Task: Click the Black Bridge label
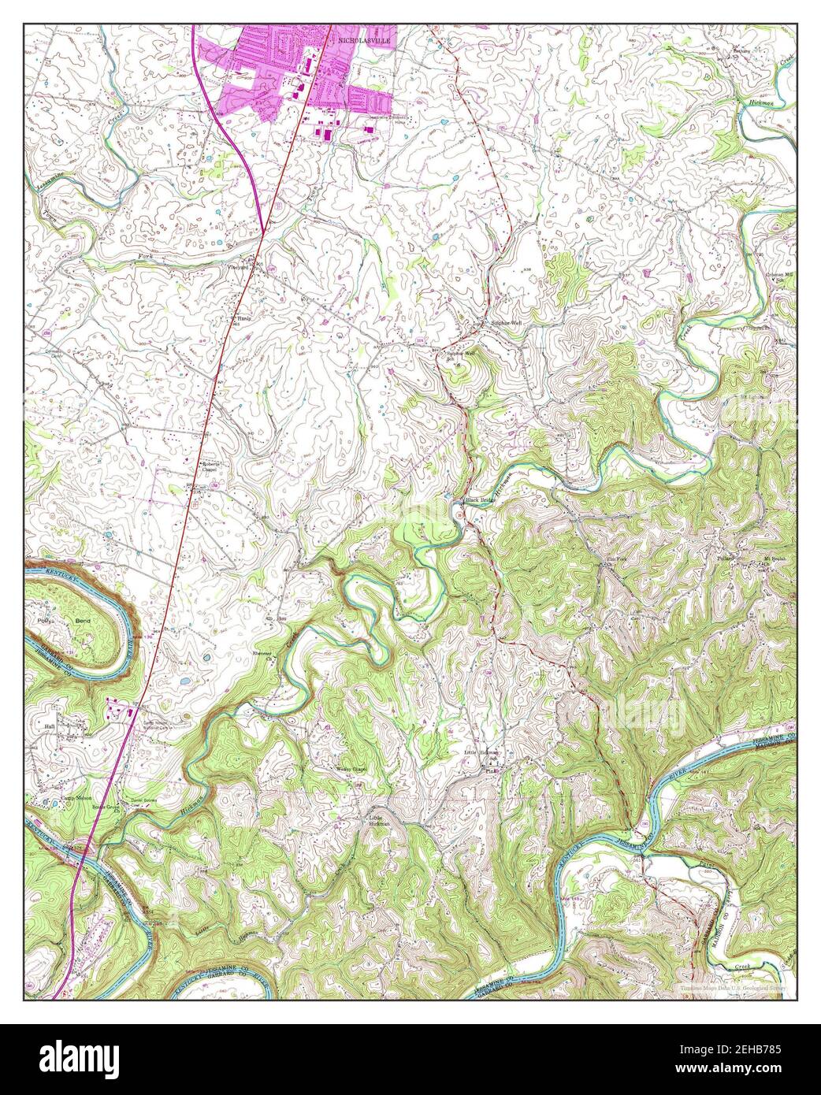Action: (482, 500)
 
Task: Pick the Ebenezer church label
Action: (262, 653)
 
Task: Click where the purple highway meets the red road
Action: (262, 230)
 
